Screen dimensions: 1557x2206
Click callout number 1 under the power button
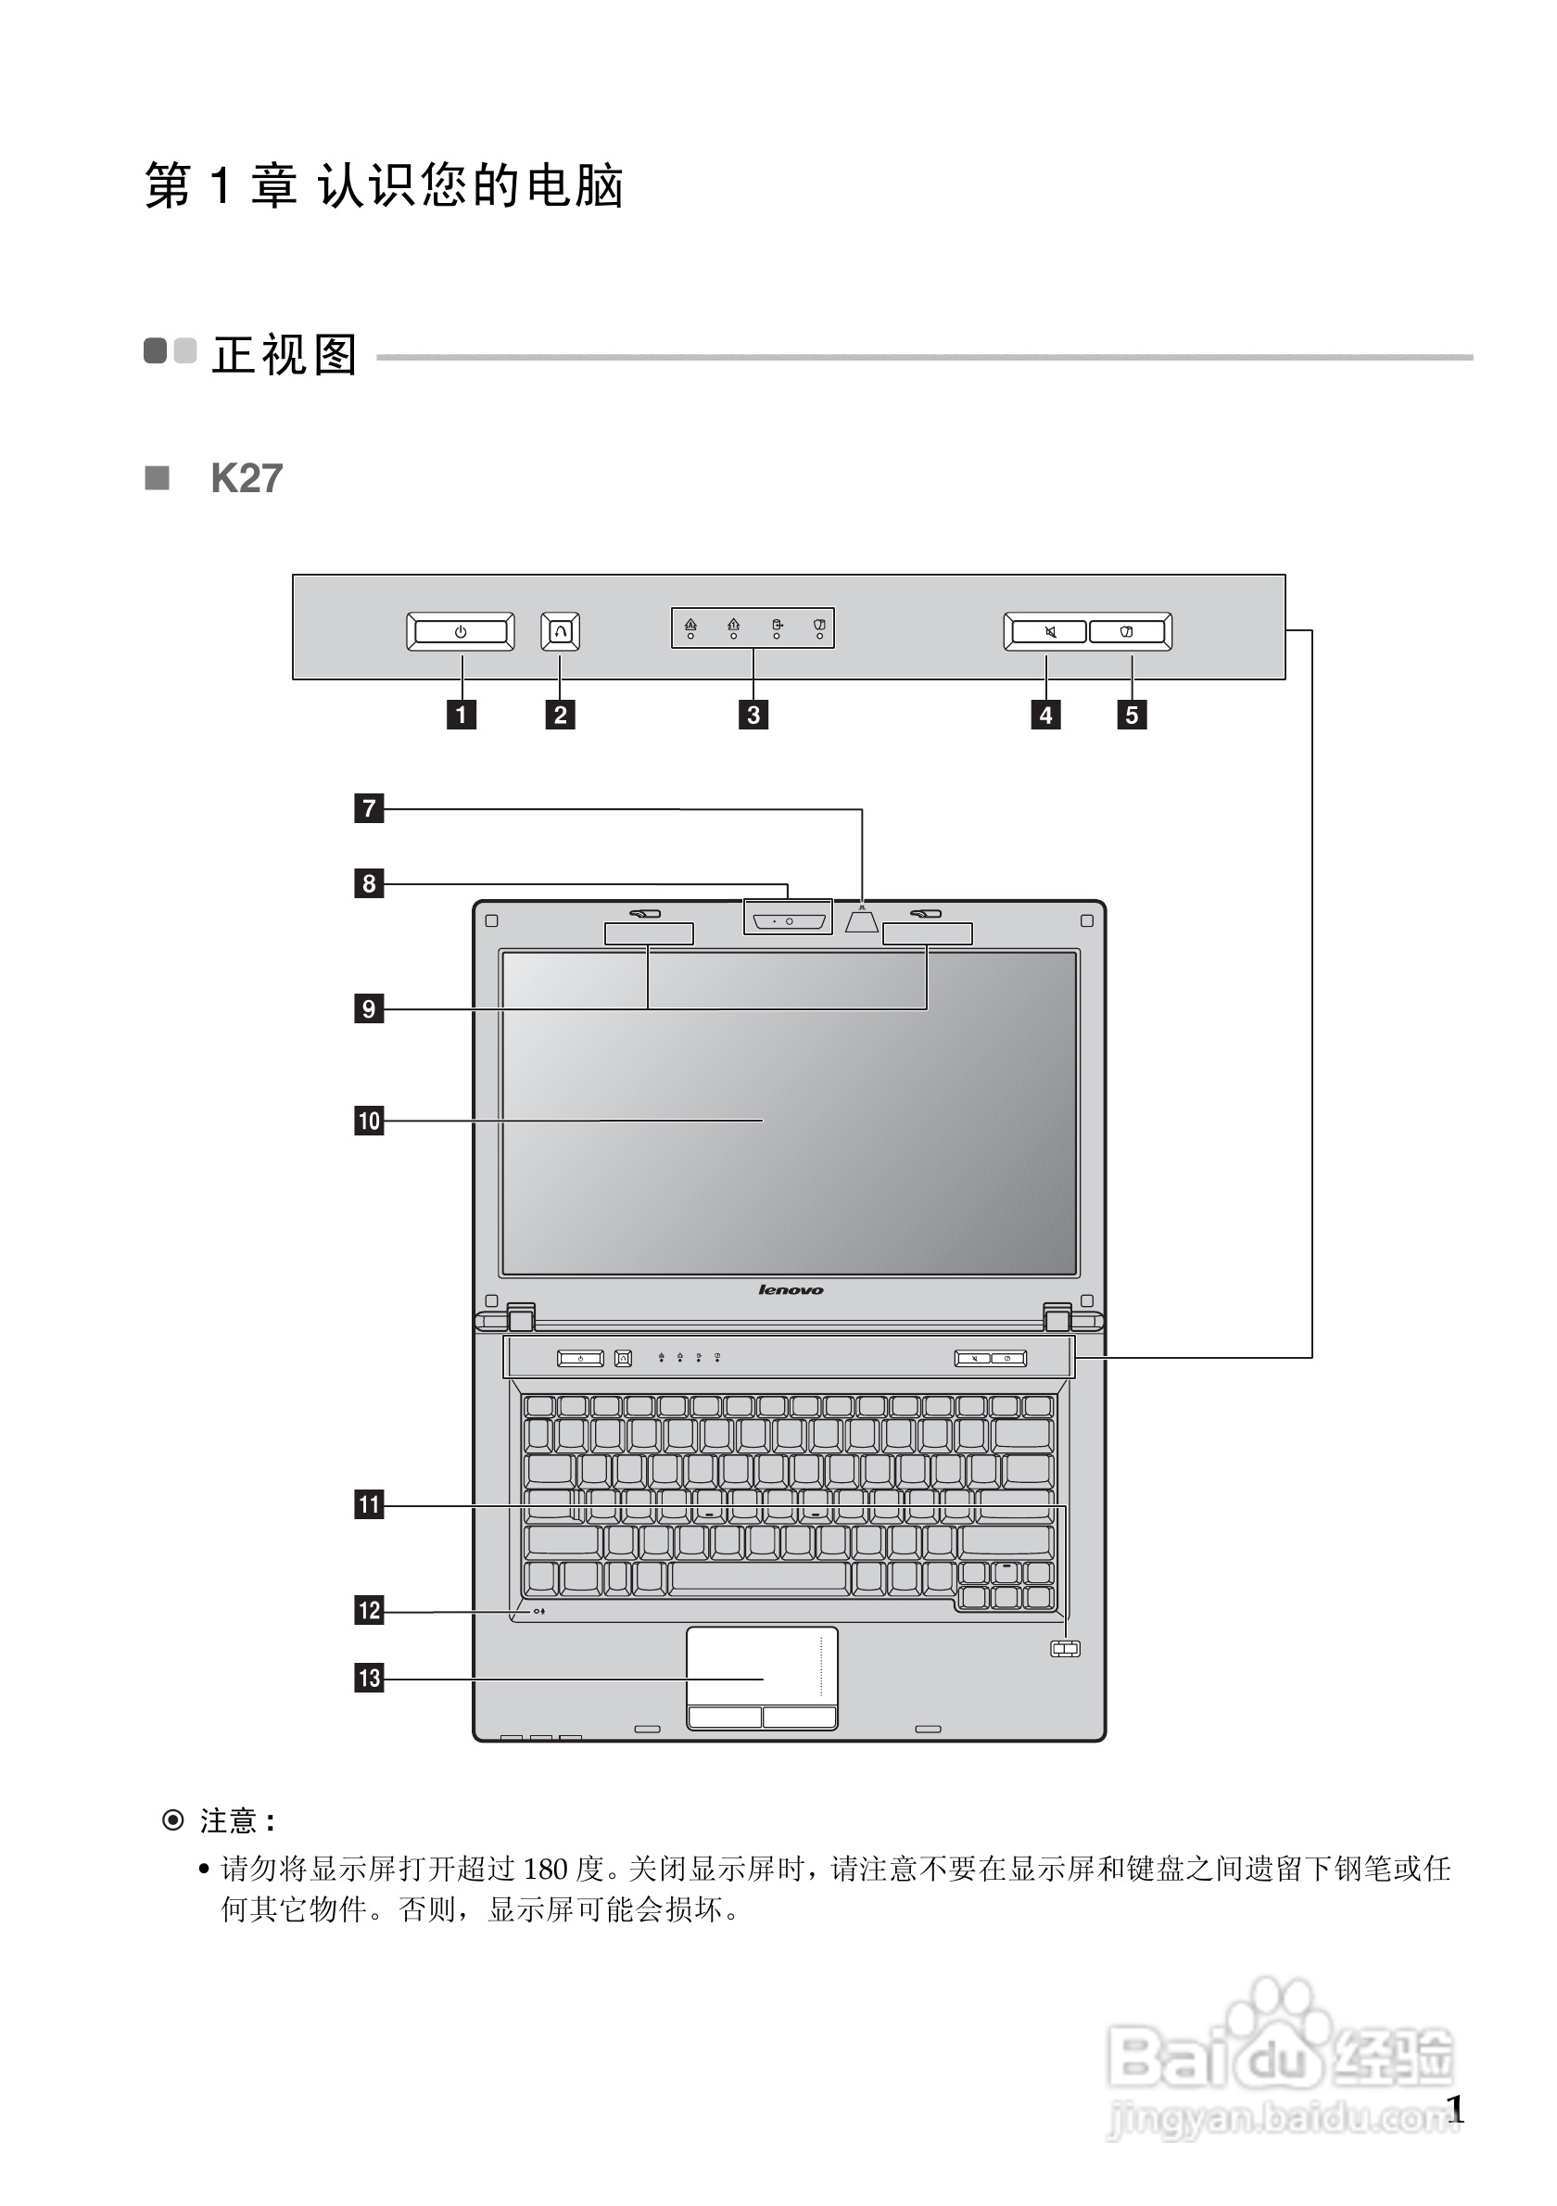click(461, 715)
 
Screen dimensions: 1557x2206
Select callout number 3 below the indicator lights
click(753, 715)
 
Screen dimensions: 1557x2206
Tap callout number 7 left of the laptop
click(369, 808)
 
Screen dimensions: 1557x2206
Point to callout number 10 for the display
click(369, 1121)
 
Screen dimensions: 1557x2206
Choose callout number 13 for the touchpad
click(369, 1679)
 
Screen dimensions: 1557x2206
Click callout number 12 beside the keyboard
click(369, 1610)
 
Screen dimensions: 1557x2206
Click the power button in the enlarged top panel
click(460, 631)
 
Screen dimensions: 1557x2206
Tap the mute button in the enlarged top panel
click(1047, 631)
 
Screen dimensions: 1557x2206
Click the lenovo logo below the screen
click(791, 1290)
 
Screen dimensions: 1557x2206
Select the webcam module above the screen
click(788, 921)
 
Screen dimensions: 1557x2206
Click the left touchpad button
click(724, 1717)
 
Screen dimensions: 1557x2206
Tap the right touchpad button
click(799, 1717)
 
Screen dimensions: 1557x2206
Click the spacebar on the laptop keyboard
click(759, 1577)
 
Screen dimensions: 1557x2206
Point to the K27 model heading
click(247, 478)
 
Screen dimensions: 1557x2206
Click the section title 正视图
click(285, 356)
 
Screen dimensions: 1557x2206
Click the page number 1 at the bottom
click(1455, 2110)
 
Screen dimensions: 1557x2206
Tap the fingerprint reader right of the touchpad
click(1065, 1649)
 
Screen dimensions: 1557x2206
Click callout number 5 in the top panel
click(1132, 715)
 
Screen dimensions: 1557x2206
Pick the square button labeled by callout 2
click(560, 631)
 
